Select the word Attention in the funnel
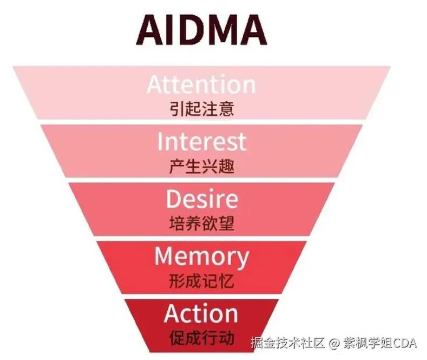(x=201, y=84)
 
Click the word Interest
(x=201, y=142)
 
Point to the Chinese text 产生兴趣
(x=201, y=166)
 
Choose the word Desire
(x=201, y=199)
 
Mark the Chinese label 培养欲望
(x=201, y=223)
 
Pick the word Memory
(x=201, y=256)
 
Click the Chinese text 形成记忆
(x=201, y=280)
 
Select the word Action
(x=201, y=313)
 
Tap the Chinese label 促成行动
(x=201, y=338)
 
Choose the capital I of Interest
(x=160, y=142)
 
